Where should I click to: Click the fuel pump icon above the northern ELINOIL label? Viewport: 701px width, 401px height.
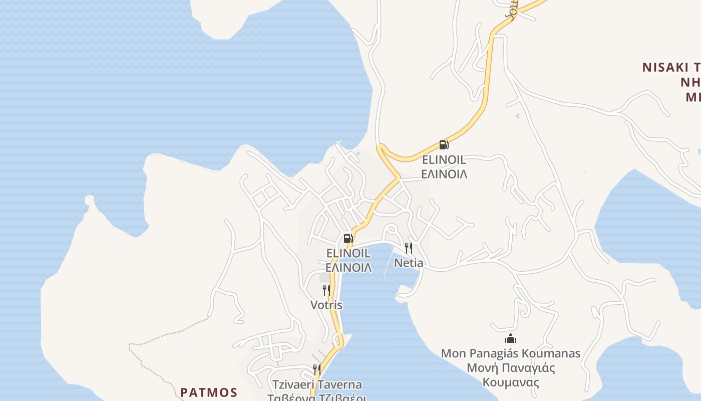tap(444, 145)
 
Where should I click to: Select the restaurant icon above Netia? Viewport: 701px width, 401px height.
tap(409, 248)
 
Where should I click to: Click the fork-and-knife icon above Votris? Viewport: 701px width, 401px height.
tap(326, 290)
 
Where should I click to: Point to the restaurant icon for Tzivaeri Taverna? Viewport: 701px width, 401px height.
tap(316, 370)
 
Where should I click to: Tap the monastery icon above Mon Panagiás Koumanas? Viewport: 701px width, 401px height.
tap(511, 338)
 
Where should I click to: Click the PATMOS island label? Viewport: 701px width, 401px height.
tap(209, 392)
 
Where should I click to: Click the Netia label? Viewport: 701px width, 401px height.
tap(409, 263)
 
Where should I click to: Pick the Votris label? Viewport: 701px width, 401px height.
tap(326, 305)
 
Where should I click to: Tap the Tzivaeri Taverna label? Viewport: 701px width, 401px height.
tap(317, 385)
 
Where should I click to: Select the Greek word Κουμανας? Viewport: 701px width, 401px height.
tap(511, 382)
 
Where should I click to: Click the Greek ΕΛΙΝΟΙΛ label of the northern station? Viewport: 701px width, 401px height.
tap(444, 174)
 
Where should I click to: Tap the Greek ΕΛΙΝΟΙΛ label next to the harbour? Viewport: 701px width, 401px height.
tap(348, 267)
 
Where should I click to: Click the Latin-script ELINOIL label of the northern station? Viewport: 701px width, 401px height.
tap(444, 160)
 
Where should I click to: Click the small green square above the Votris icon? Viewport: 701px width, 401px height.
tap(325, 277)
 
